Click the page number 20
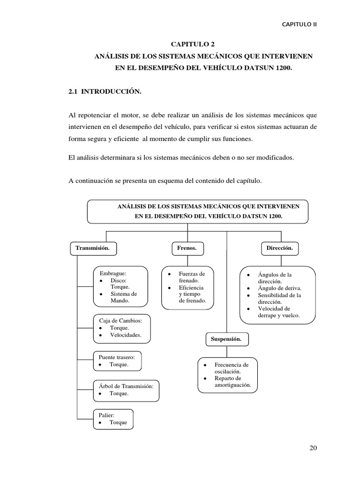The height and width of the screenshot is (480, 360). click(313, 448)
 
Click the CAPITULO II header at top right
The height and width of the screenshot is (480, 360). click(299, 24)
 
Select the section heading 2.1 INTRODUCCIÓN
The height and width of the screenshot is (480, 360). click(105, 92)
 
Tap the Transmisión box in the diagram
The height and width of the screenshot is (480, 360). click(93, 248)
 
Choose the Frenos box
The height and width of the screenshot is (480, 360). click(187, 248)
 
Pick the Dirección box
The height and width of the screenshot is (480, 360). click(279, 248)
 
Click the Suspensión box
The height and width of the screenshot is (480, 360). click(226, 339)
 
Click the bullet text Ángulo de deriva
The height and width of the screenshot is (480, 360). click(280, 288)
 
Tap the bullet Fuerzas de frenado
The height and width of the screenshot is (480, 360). click(192, 277)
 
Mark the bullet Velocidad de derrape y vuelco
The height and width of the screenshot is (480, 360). click(278, 312)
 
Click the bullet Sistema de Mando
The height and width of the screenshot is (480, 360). click(123, 297)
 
